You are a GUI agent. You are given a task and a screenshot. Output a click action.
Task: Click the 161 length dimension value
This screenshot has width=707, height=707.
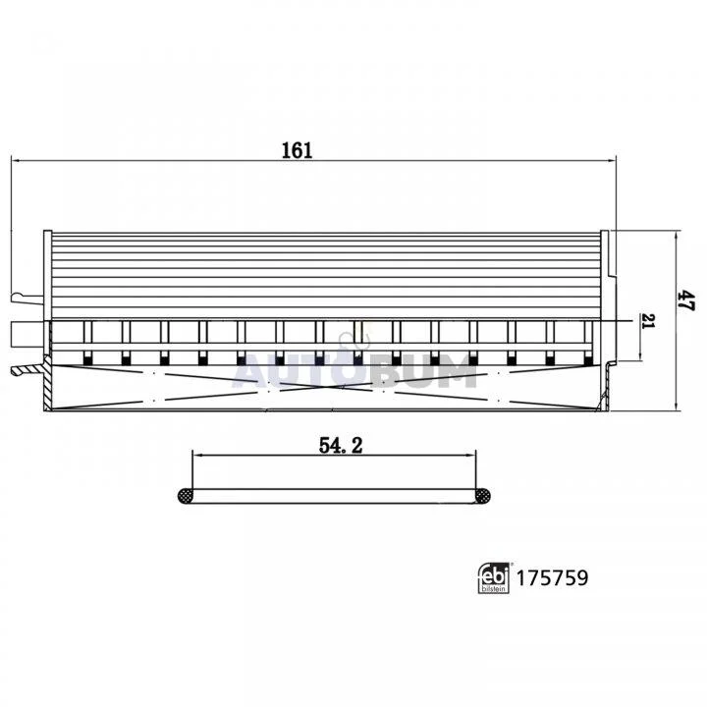(297, 150)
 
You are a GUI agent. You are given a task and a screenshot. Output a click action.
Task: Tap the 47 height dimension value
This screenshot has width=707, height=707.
(686, 299)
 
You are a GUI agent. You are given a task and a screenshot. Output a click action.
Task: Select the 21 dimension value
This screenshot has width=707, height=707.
(648, 321)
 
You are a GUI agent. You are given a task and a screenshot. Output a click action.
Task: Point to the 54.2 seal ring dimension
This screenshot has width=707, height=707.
(341, 446)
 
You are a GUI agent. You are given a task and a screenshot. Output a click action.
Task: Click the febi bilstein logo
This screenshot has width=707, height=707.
(494, 577)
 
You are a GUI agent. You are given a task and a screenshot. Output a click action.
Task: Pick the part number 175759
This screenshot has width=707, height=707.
(552, 577)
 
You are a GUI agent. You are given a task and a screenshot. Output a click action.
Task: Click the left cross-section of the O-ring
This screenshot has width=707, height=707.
(185, 496)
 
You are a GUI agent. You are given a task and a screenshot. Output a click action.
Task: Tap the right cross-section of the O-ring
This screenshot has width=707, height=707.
(483, 496)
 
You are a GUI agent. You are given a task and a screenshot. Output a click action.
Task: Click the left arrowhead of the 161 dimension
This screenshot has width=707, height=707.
(16, 160)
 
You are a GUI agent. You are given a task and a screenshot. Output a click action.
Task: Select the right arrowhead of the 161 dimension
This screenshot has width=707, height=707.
(612, 160)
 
